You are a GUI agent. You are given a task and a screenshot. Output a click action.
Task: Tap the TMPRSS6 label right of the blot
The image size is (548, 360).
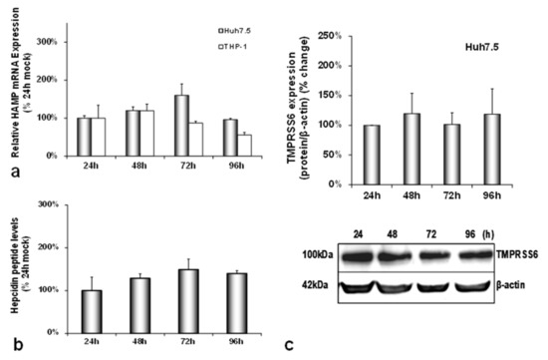pos(526,255)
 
